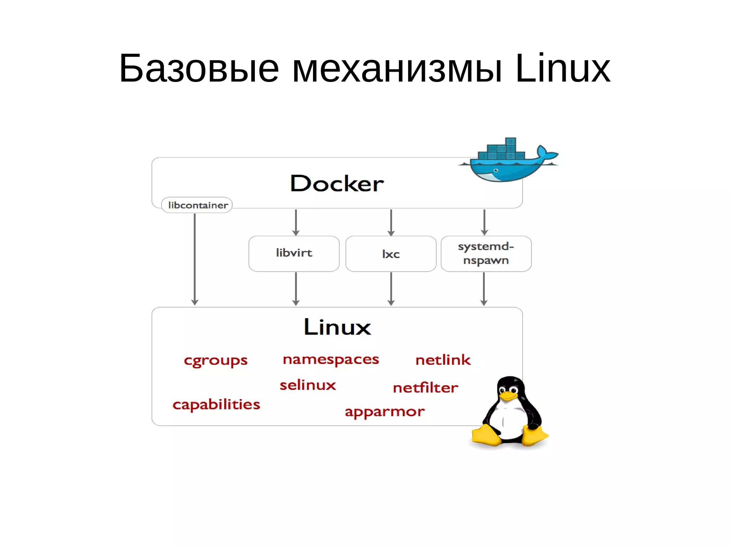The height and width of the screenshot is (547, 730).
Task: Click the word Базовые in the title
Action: (199, 68)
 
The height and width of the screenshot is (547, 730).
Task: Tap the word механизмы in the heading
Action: (397, 68)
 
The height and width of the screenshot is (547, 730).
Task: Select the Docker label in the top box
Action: (337, 184)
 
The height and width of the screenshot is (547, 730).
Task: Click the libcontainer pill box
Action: (197, 205)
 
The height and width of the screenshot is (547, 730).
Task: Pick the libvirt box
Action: (294, 253)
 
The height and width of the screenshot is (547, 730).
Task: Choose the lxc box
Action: (391, 254)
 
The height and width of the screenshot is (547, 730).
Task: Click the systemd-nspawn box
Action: (486, 253)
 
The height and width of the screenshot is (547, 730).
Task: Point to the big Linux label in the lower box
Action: (337, 327)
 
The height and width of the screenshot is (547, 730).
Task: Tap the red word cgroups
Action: (215, 361)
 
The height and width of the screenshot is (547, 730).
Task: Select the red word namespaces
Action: (330, 360)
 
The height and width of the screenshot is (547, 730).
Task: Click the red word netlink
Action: (443, 360)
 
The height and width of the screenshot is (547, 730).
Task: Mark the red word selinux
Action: (308, 385)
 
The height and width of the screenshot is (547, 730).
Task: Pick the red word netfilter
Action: (425, 388)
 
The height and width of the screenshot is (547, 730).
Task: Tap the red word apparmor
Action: (384, 412)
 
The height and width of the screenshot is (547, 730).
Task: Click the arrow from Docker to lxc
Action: (391, 222)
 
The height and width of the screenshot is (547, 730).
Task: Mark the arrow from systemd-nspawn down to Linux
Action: (484, 289)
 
